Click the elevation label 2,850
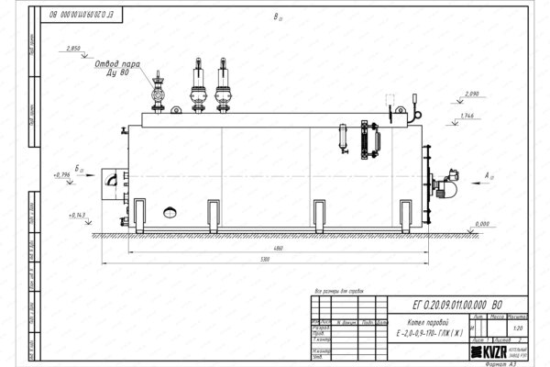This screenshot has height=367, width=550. click(x=75, y=48)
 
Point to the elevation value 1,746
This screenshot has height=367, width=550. click(x=467, y=116)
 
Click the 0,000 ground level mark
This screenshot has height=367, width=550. click(x=482, y=223)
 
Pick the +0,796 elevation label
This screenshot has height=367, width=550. click(x=61, y=174)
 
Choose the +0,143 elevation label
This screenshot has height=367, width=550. click(x=76, y=216)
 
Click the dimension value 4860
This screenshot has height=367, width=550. click(x=266, y=250)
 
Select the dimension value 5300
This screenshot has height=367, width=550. click(x=266, y=261)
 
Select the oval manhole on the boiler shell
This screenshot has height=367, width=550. click(x=170, y=213)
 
